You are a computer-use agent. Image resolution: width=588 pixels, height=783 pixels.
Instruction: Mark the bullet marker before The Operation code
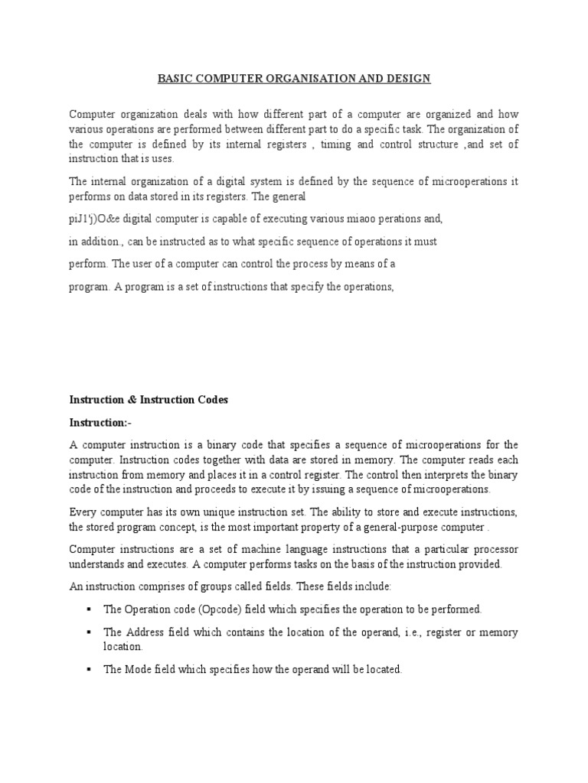point(89,609)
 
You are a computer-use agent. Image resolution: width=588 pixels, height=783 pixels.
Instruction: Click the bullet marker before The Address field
point(89,632)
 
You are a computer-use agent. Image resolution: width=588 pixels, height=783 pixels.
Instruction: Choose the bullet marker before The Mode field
point(89,669)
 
